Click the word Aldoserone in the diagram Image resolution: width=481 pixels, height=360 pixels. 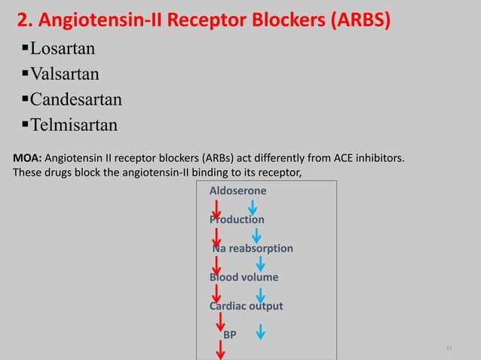[237, 191]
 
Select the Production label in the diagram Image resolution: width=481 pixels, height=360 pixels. [237, 220]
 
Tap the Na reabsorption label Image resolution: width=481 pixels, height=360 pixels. [253, 249]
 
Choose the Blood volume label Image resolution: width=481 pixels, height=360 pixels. [244, 277]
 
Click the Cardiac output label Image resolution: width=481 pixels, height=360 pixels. [246, 306]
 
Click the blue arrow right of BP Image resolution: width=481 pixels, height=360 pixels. [260, 332]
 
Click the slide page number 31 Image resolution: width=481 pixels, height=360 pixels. [449, 348]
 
